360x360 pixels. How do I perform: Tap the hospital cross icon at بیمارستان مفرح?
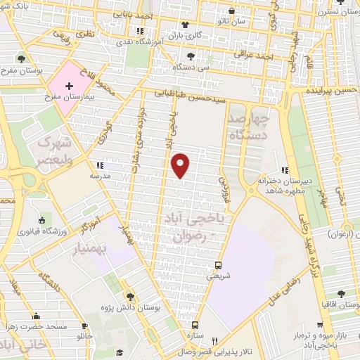[68, 87]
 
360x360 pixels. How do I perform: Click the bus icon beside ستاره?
[195, 326]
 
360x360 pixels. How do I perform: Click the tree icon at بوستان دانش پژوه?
[129, 296]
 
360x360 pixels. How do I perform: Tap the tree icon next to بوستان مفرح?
[22, 58]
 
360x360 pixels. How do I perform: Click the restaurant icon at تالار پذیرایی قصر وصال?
[224, 340]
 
